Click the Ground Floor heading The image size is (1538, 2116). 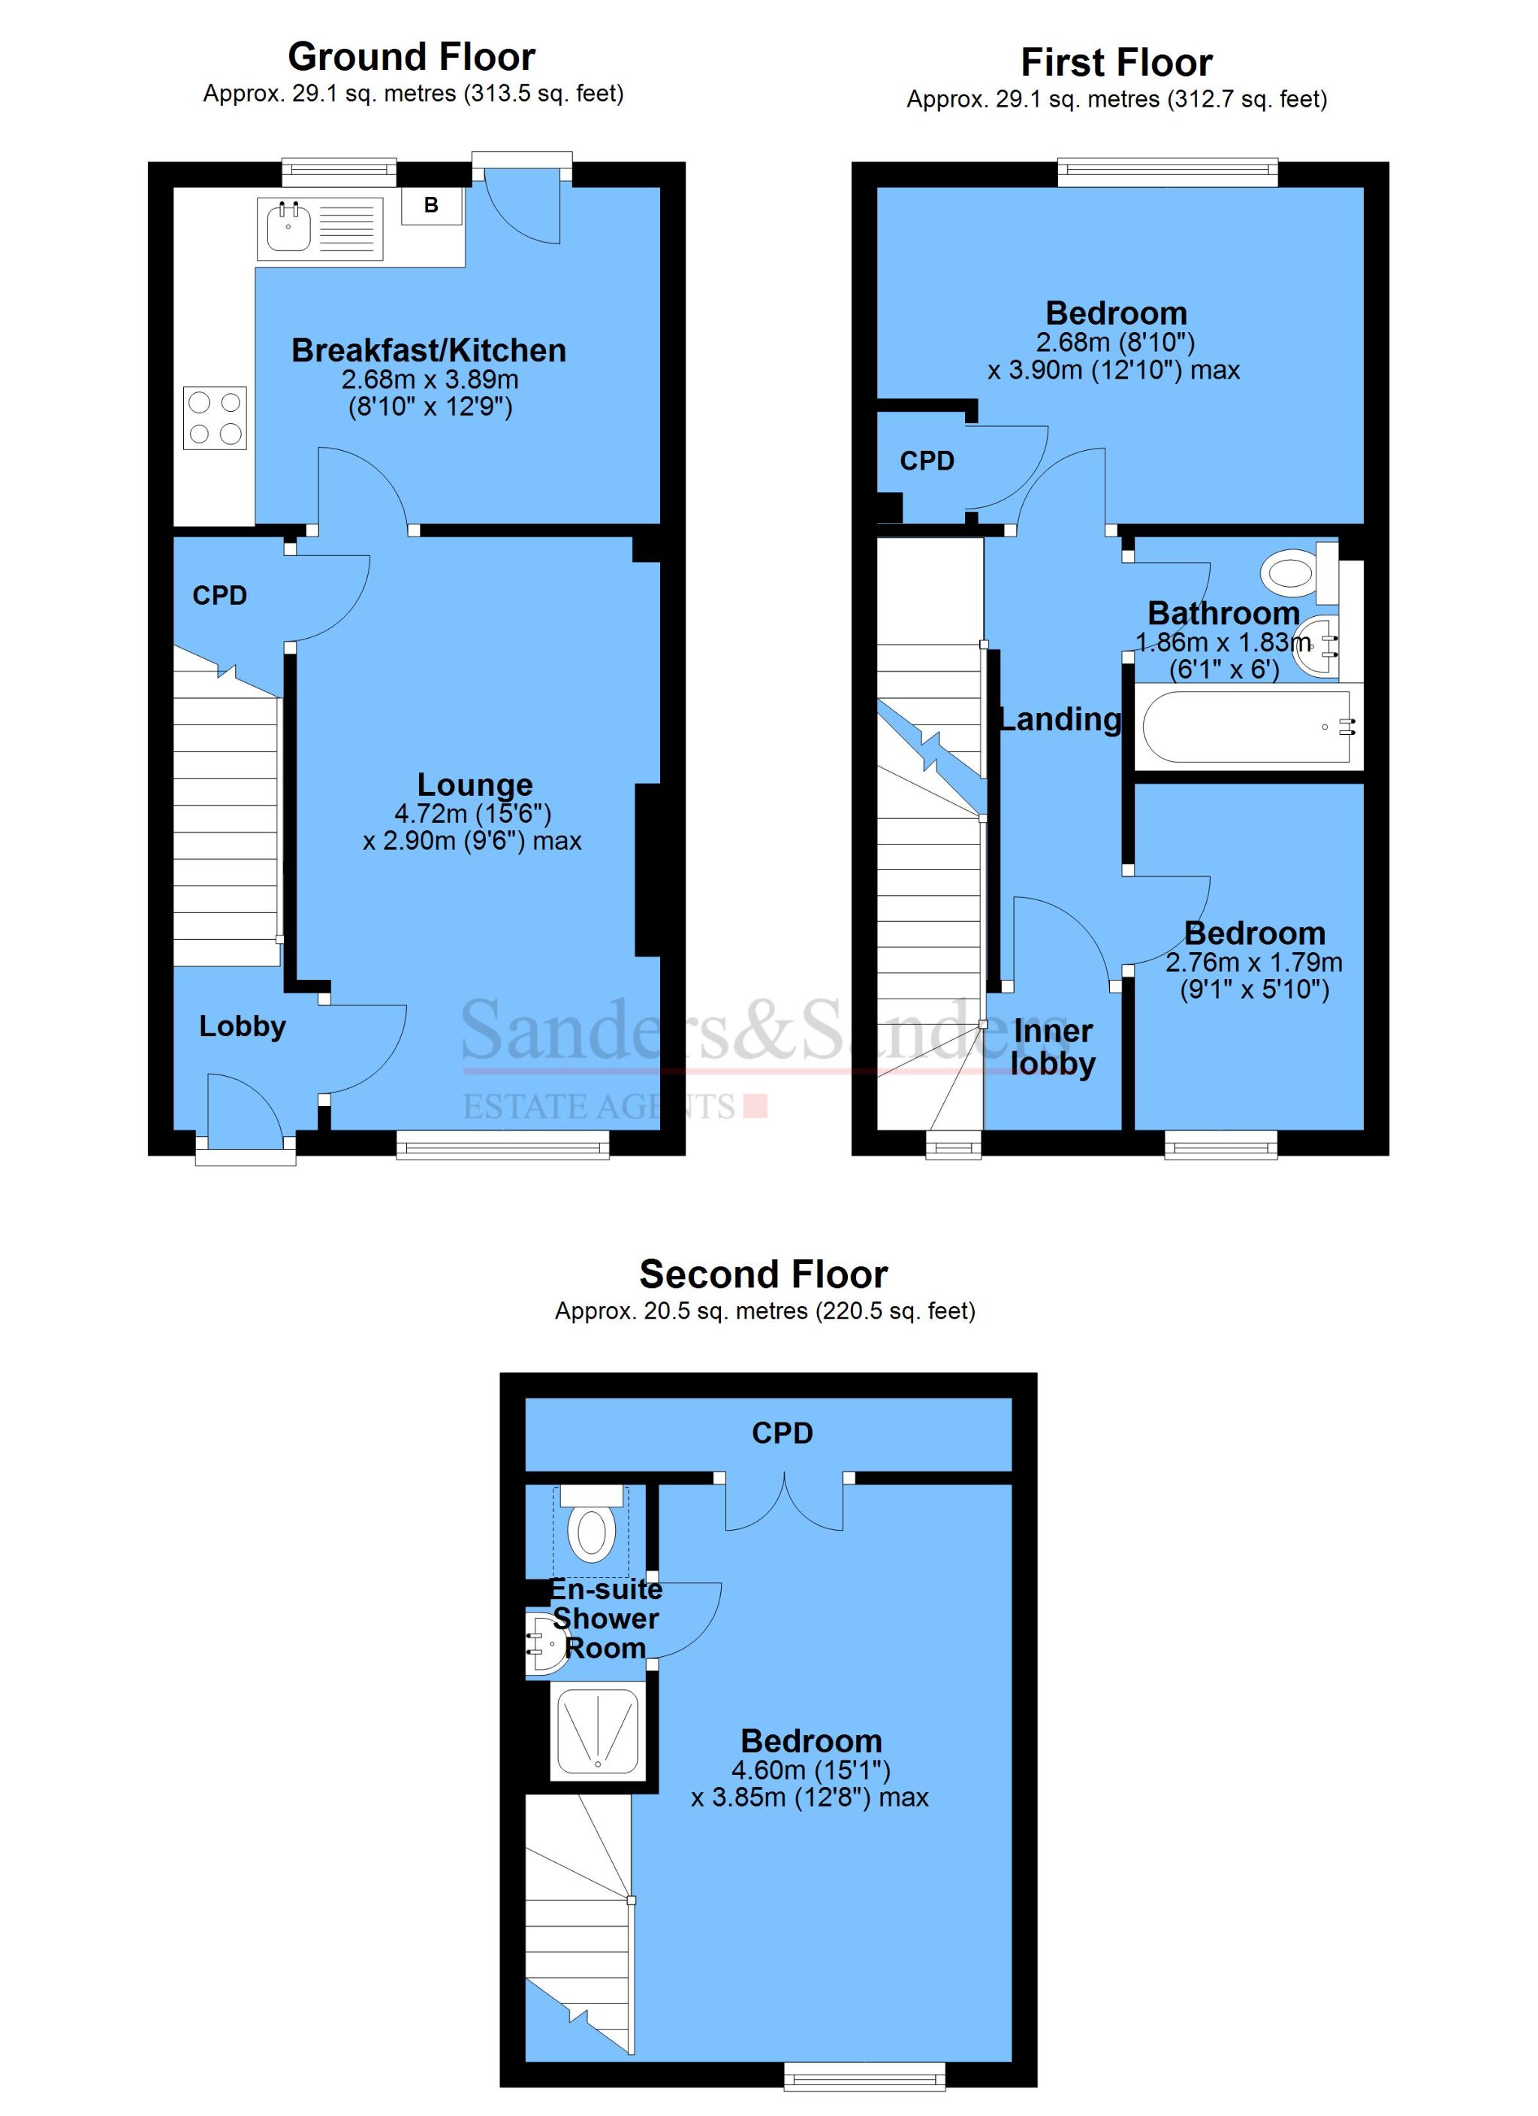click(412, 57)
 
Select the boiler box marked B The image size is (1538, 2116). click(431, 205)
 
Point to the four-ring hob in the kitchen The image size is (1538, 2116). click(215, 417)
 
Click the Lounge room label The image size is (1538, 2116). click(475, 784)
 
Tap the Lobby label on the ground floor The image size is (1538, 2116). click(243, 1026)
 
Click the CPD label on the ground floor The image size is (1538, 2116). click(219, 595)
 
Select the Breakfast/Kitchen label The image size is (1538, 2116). click(429, 350)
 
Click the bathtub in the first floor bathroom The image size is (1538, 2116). click(1245, 726)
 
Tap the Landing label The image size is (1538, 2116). click(1060, 719)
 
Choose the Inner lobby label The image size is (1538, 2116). click(1053, 1047)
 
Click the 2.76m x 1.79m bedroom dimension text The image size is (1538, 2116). click(1254, 962)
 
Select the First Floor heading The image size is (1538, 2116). click(1117, 62)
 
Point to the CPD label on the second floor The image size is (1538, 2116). click(783, 1433)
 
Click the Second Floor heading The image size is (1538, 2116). click(764, 1274)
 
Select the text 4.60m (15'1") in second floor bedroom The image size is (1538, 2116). click(810, 1769)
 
